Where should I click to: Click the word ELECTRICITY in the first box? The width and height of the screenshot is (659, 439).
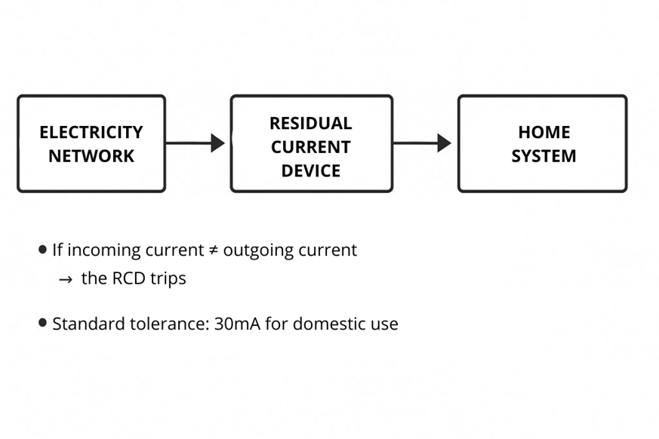(91, 132)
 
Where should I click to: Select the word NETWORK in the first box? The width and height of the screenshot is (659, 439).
(91, 156)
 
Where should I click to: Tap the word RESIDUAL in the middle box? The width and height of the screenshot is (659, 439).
(311, 123)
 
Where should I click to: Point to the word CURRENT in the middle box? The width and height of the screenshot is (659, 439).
(311, 146)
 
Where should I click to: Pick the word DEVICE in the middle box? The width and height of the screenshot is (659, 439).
(311, 170)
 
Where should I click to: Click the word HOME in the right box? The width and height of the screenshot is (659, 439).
(544, 132)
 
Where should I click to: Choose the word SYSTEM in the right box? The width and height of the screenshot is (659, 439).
(544, 156)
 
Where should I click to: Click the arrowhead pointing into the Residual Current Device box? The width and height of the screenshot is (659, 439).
(217, 143)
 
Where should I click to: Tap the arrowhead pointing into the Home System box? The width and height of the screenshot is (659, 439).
(444, 143)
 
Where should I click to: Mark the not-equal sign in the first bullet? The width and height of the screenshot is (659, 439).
(214, 250)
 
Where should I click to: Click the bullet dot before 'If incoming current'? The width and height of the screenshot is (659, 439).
(43, 250)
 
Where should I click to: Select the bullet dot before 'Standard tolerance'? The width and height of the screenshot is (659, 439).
(43, 323)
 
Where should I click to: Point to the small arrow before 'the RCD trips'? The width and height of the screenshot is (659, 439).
(66, 279)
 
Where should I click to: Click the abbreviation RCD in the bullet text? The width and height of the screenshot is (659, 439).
(128, 278)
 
